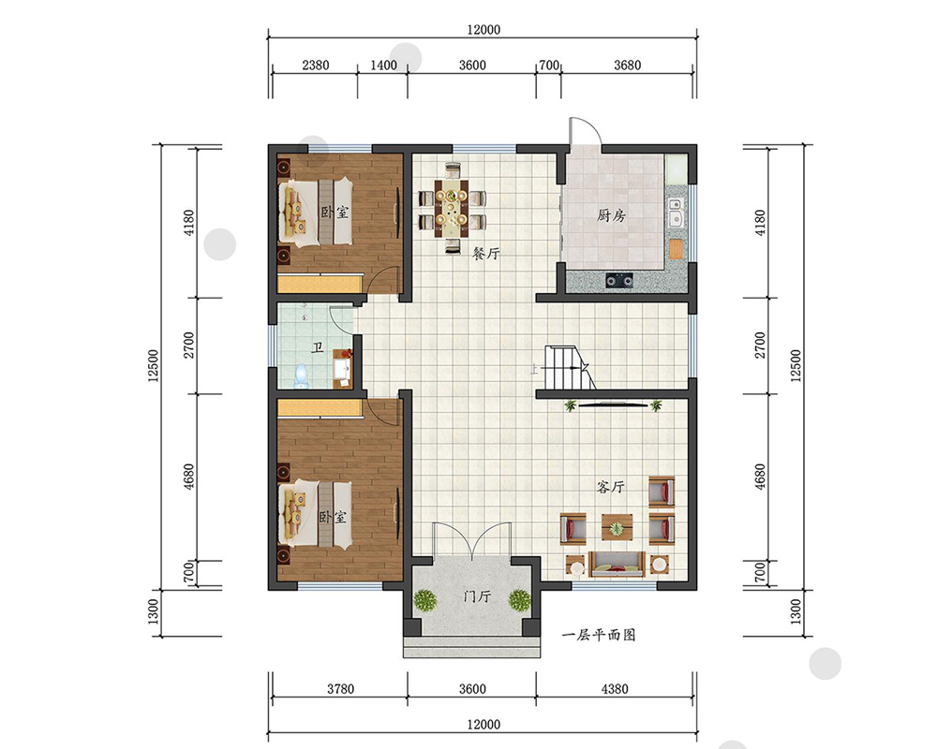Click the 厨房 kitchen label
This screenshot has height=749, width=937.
(x=611, y=214)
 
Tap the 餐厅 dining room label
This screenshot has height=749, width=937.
(x=485, y=253)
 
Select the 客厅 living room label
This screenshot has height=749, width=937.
(x=611, y=487)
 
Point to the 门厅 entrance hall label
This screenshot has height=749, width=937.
(x=478, y=596)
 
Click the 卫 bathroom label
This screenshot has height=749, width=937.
(x=318, y=347)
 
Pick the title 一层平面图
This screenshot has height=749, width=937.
(x=599, y=635)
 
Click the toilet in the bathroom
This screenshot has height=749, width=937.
(x=302, y=376)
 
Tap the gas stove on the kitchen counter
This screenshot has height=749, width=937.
(x=619, y=280)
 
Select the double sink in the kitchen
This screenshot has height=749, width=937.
(x=676, y=212)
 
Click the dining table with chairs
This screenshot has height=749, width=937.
(x=452, y=207)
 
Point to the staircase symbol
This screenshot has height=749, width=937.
(x=569, y=367)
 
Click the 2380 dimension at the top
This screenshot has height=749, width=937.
(x=316, y=65)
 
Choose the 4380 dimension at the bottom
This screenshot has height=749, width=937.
(x=615, y=689)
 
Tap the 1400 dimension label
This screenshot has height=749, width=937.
(x=383, y=65)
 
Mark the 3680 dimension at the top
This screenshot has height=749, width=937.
(x=628, y=65)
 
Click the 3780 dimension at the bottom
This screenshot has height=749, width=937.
(x=341, y=689)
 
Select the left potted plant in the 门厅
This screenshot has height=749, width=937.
(x=424, y=600)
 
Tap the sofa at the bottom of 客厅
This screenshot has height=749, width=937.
(x=617, y=564)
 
